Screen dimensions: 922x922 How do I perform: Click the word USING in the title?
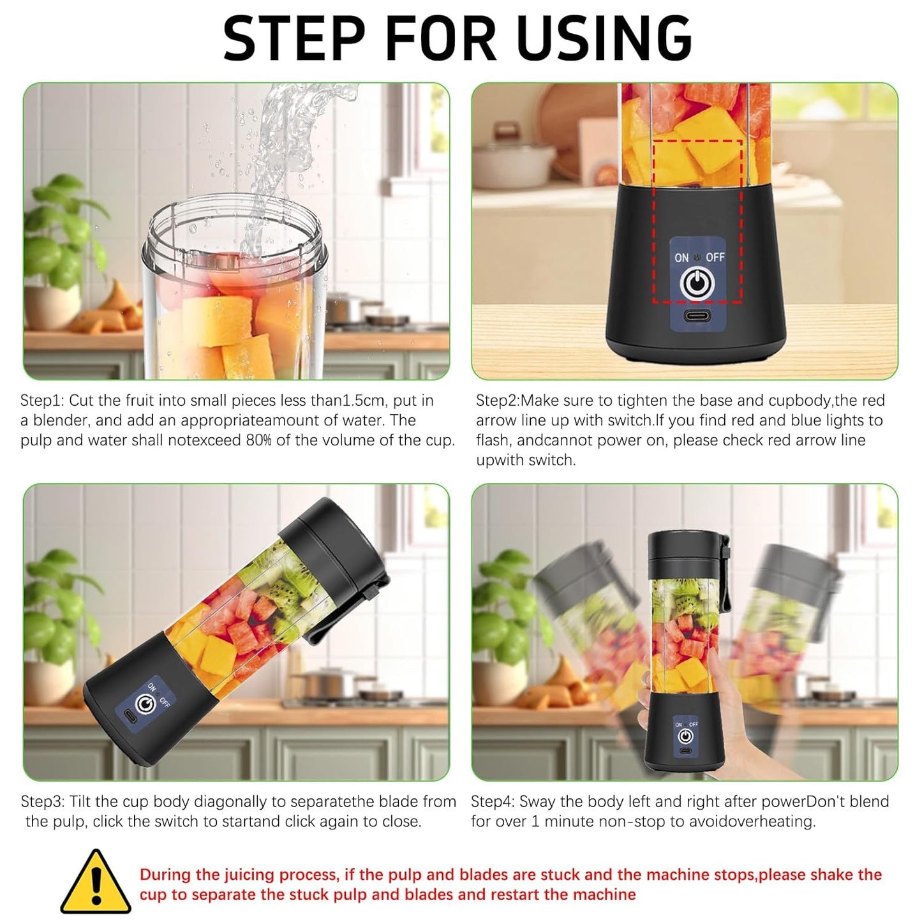604,38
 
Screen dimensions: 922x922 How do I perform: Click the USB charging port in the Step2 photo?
697,316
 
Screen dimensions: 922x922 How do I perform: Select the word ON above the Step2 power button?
681,258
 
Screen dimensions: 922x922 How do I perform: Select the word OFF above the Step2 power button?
715,257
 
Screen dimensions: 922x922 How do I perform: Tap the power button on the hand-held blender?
686,736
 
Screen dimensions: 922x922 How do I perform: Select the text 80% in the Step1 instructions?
258,440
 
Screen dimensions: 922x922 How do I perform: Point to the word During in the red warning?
165,875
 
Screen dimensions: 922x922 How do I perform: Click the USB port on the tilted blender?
130,717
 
